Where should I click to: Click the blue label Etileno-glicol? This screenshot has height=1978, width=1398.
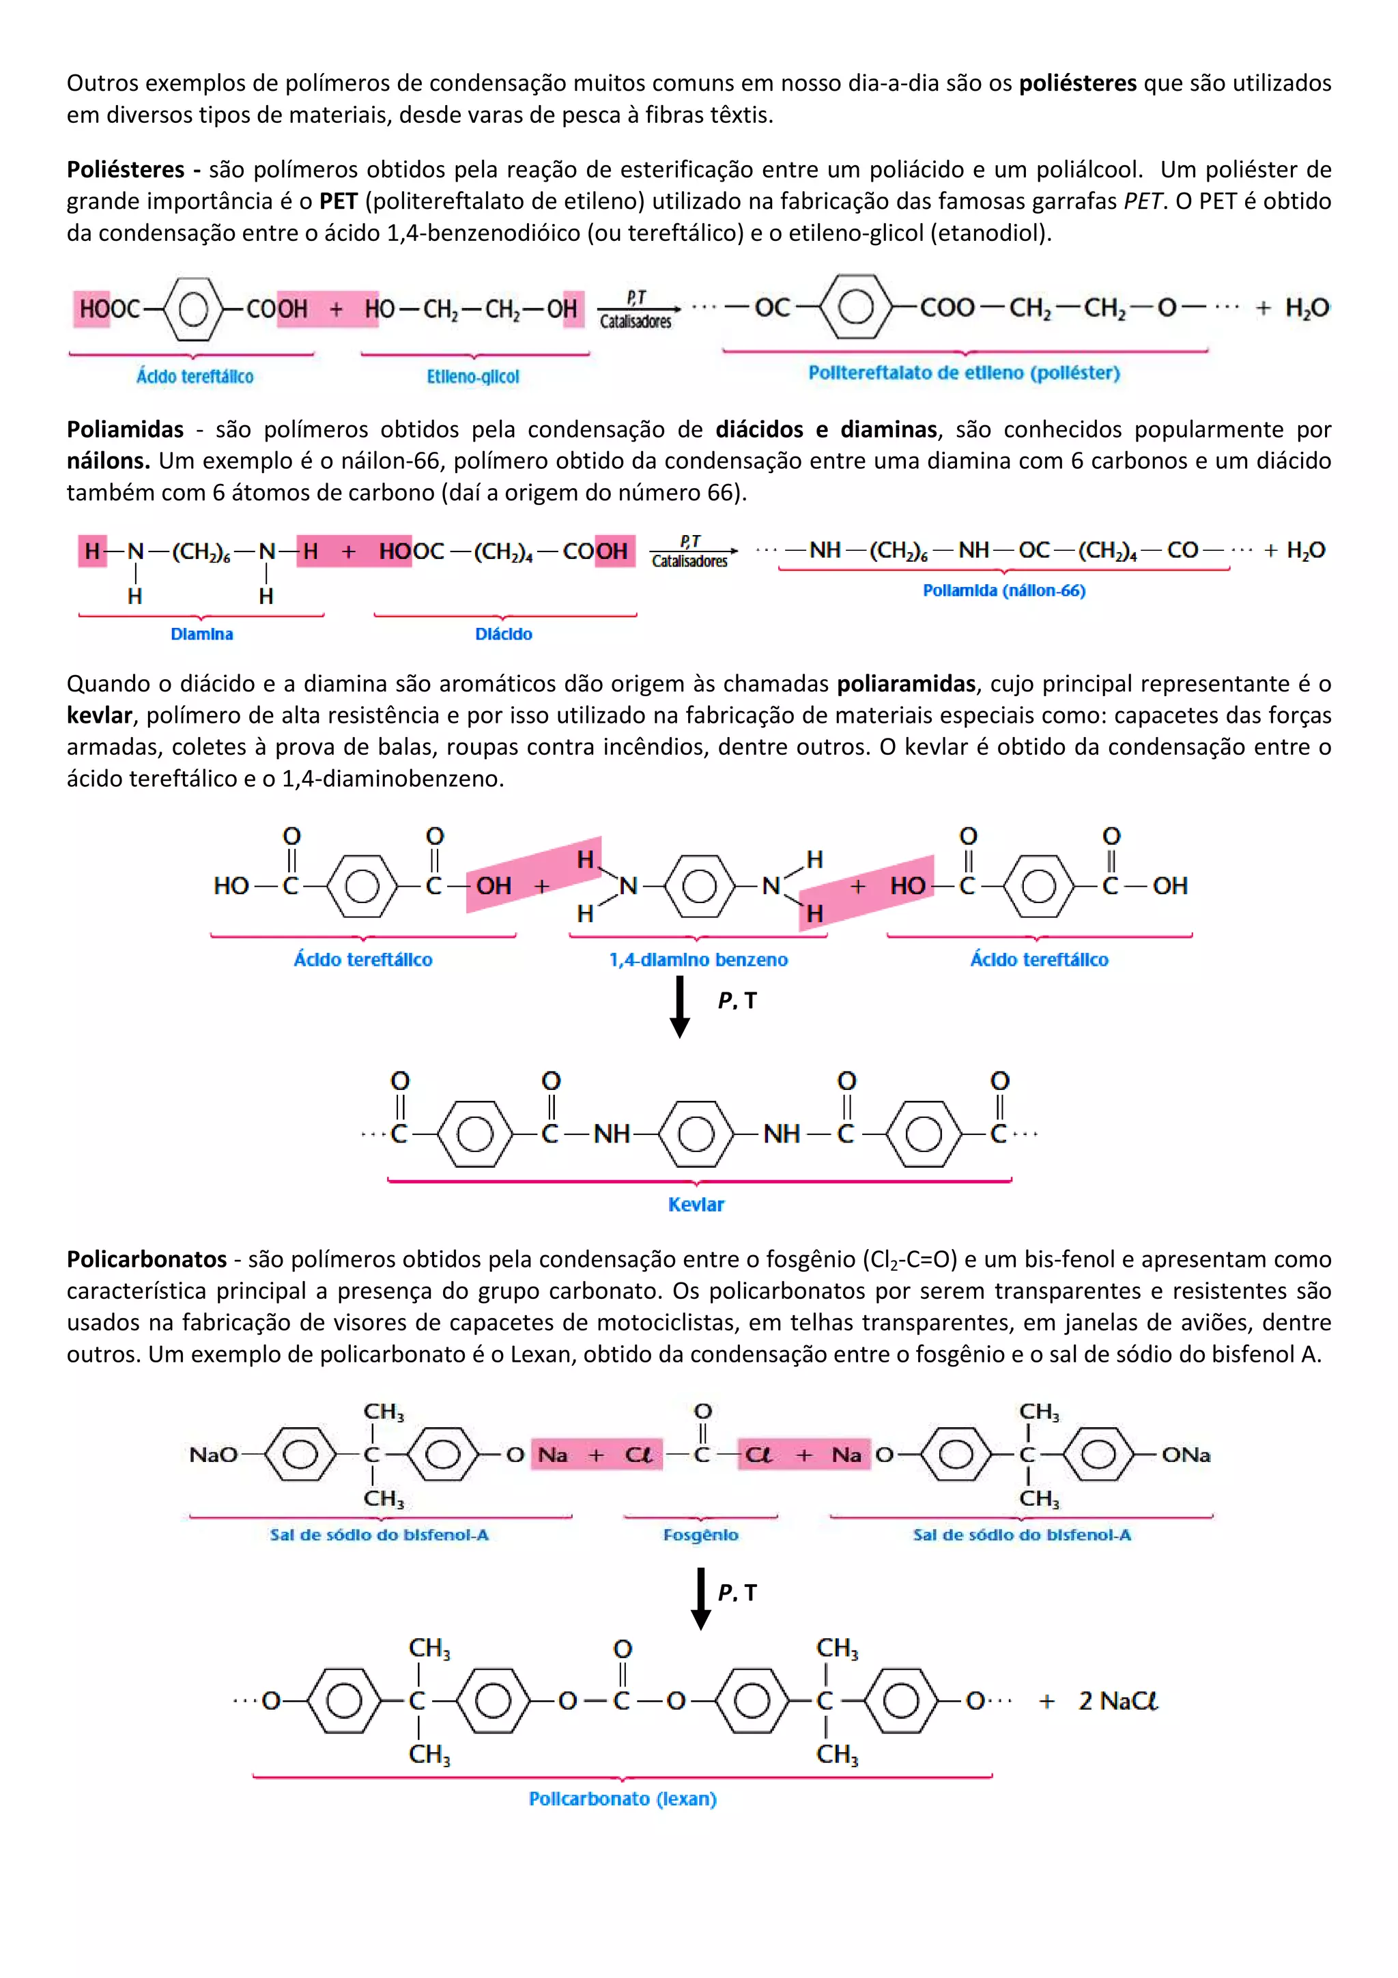pyautogui.click(x=473, y=377)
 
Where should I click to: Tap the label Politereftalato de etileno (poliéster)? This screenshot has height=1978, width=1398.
pyautogui.click(x=964, y=373)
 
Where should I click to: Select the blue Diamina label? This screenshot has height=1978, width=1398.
pyautogui.click(x=201, y=634)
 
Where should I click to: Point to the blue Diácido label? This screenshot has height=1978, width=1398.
pyautogui.click(x=504, y=634)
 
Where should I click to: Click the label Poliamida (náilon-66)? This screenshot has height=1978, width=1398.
pyautogui.click(x=1003, y=590)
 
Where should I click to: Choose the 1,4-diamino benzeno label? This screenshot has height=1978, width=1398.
pyautogui.click(x=698, y=960)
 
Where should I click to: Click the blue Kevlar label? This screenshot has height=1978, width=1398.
pyautogui.click(x=696, y=1205)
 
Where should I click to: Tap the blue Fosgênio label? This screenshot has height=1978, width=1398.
pyautogui.click(x=700, y=1534)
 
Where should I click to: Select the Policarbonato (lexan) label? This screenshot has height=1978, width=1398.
pyautogui.click(x=622, y=1798)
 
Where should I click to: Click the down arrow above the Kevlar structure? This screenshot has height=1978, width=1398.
pyautogui.click(x=680, y=1006)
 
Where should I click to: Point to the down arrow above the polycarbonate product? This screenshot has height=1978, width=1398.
pyautogui.click(x=701, y=1598)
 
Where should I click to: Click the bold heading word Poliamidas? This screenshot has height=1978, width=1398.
pyautogui.click(x=126, y=429)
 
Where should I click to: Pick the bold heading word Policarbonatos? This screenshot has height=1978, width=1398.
pyautogui.click(x=147, y=1259)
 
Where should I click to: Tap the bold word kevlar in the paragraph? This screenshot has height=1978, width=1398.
pyautogui.click(x=99, y=715)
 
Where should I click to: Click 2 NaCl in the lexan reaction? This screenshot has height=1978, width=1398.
pyautogui.click(x=1117, y=1701)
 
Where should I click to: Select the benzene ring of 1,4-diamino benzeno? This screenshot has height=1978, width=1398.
pyautogui.click(x=698, y=886)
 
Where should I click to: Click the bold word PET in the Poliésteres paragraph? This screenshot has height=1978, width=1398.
pyautogui.click(x=338, y=201)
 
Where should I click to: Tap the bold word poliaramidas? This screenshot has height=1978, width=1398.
pyautogui.click(x=906, y=684)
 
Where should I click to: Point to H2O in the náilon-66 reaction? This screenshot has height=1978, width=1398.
pyautogui.click(x=1305, y=551)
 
